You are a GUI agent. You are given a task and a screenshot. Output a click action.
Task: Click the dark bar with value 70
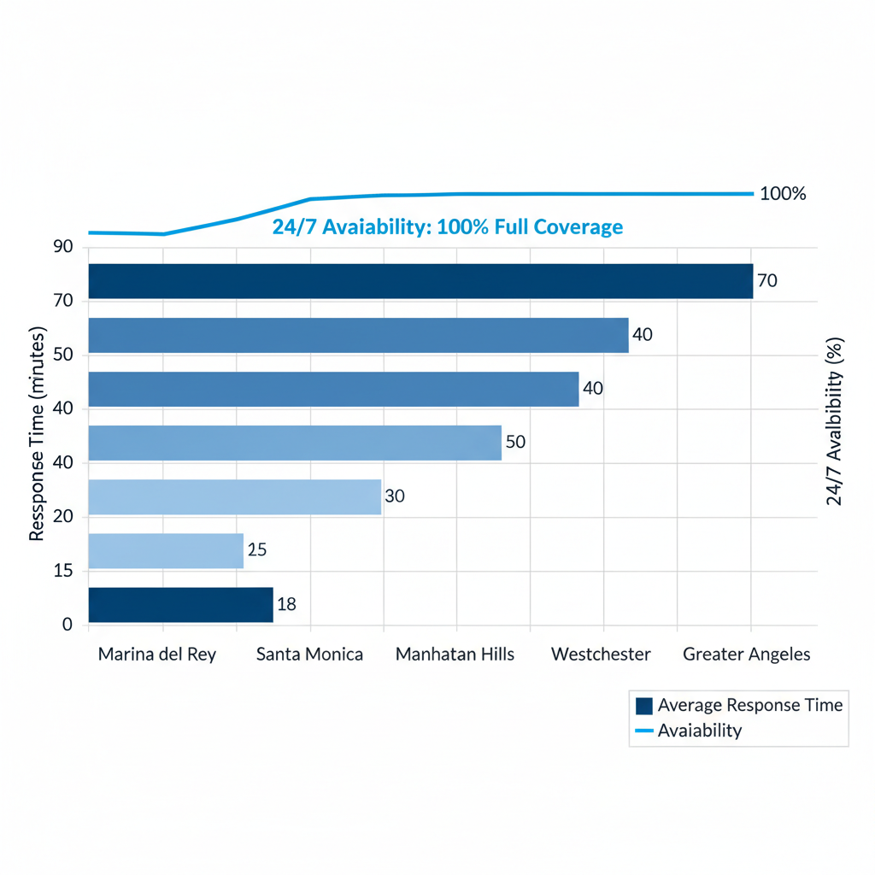click(x=420, y=281)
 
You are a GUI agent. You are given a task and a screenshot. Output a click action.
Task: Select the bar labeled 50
click(x=295, y=443)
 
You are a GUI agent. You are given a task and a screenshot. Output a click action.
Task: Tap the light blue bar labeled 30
click(x=234, y=496)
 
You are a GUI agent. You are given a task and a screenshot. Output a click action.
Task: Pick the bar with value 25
click(x=166, y=550)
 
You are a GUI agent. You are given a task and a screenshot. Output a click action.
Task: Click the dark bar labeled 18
click(x=180, y=605)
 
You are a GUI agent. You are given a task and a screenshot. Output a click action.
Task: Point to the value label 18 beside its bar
click(x=287, y=605)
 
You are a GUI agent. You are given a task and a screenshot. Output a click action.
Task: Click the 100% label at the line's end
click(x=782, y=194)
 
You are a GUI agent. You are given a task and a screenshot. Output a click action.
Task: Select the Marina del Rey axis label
click(x=157, y=655)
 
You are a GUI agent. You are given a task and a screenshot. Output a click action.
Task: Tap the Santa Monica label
click(x=309, y=655)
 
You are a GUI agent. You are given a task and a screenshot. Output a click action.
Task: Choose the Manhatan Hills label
click(x=455, y=655)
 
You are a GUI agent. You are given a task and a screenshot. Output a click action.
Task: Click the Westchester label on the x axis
click(x=601, y=655)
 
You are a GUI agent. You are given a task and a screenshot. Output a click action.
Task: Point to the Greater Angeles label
click(x=746, y=655)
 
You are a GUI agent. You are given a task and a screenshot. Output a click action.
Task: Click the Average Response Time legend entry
click(x=739, y=705)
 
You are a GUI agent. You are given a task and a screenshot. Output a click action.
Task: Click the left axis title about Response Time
click(x=36, y=437)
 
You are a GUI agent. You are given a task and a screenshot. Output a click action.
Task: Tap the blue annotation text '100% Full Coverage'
click(x=530, y=227)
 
